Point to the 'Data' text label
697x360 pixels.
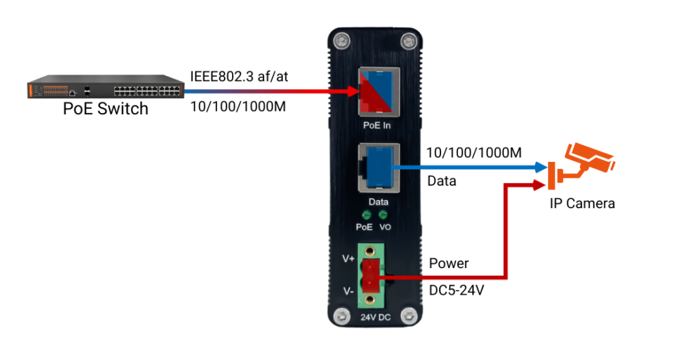pos(378,203)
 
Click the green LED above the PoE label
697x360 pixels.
pos(366,215)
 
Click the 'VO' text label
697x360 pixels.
pos(385,227)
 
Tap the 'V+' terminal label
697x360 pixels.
pos(348,259)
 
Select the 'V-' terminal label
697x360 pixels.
pos(348,291)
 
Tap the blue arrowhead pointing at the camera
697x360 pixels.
pos(540,166)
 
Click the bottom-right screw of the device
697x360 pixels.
pos(408,315)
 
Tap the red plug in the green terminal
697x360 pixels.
pos(370,274)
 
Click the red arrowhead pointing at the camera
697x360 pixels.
pos(540,184)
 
